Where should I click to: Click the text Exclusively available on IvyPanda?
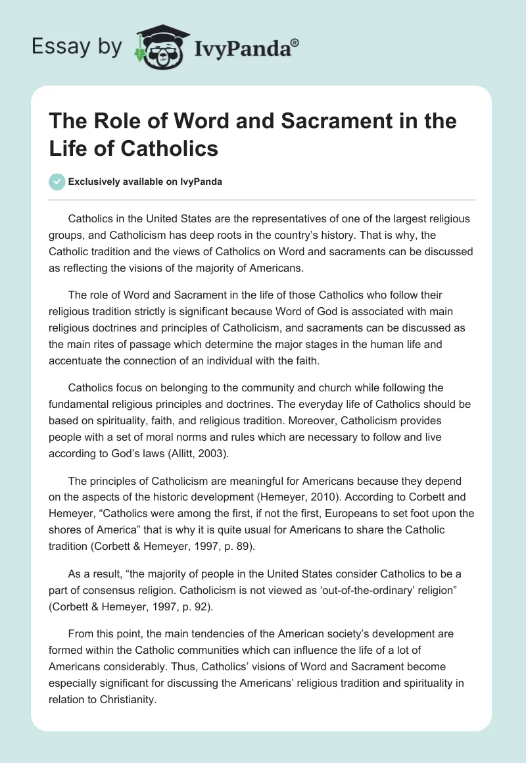point(145,182)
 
